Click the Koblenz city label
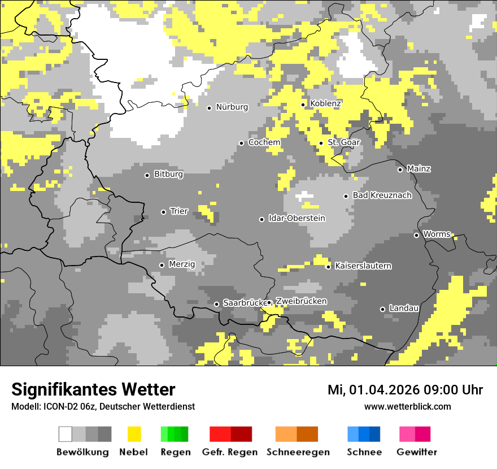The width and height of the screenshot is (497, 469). click(325, 104)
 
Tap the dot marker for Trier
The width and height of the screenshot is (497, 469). click(163, 212)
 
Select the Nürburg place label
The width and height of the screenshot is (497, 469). click(232, 107)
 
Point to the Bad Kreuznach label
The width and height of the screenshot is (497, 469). click(382, 196)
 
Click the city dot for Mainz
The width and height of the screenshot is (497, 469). click(400, 170)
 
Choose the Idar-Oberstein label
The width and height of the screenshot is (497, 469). click(297, 219)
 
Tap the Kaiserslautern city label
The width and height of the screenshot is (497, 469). click(363, 266)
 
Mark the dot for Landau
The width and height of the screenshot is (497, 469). click(382, 309)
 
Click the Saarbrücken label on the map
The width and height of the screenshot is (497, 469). click(245, 303)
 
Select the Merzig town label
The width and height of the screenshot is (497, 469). click(182, 264)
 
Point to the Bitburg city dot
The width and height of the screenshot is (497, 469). click(147, 175)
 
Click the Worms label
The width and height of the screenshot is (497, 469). click(437, 234)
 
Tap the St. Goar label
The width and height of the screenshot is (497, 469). click(343, 142)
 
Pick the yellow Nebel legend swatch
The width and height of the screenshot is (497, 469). click(134, 434)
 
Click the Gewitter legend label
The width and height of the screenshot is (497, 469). click(416, 452)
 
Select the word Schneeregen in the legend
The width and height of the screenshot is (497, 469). click(298, 452)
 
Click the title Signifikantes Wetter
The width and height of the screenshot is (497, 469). click(93, 389)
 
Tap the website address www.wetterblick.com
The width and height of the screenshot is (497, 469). click(407, 407)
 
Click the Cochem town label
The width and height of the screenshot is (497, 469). click(264, 142)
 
